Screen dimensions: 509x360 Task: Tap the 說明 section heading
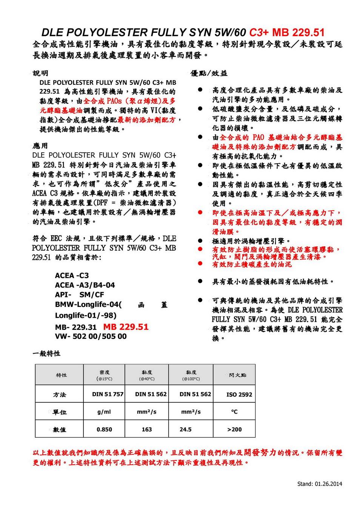(x=40, y=73)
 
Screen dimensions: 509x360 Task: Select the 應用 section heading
(x=40, y=146)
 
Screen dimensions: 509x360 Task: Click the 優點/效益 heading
(x=209, y=73)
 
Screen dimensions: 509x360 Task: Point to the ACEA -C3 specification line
(x=72, y=276)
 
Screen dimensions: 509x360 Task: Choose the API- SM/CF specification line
(x=79, y=295)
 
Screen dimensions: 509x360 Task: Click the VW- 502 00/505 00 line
(x=91, y=336)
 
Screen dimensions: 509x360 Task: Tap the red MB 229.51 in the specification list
(x=126, y=327)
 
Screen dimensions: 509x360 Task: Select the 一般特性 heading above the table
(x=46, y=354)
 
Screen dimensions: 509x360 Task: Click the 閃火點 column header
(x=238, y=375)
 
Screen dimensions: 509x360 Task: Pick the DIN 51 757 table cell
(x=108, y=394)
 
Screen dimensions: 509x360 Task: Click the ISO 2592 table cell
(x=239, y=395)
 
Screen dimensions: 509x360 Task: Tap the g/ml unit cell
(x=104, y=412)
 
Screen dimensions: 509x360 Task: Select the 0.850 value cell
(x=104, y=429)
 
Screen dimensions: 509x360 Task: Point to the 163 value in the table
(x=147, y=429)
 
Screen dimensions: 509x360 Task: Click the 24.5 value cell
(x=186, y=429)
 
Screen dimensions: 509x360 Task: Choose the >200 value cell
(x=234, y=429)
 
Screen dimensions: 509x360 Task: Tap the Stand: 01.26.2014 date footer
(x=320, y=484)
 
